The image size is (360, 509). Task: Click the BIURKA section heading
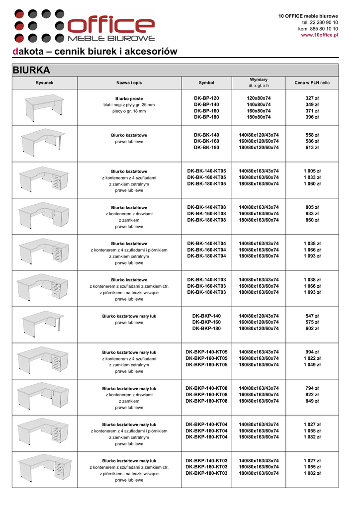31,70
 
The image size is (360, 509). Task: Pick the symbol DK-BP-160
206,111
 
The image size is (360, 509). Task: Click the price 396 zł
312,117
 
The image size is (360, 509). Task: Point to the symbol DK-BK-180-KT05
206,184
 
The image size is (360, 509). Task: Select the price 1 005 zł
312,171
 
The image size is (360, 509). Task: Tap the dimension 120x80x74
259,98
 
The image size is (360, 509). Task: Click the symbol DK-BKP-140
206,316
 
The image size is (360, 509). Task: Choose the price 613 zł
312,148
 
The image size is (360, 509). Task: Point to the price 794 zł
312,388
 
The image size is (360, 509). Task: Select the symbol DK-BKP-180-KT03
206,473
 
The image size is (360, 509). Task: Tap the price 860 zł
312,220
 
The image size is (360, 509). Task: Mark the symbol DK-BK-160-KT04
206,250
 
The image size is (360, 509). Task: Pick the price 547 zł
312,316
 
